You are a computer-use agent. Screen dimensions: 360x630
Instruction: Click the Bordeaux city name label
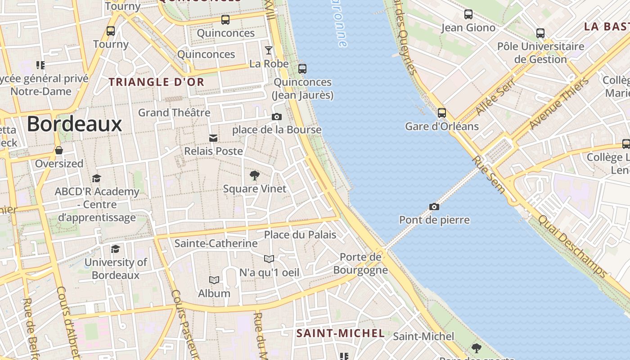75,124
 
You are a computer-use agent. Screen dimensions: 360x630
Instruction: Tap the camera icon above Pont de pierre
434,207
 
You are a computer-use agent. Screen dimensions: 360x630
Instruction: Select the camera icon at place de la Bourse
277,117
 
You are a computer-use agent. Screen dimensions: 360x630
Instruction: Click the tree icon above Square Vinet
255,175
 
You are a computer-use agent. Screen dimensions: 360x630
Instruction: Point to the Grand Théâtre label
174,112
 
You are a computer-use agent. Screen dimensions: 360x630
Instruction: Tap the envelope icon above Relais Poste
213,138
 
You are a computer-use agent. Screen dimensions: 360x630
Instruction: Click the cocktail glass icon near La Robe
269,50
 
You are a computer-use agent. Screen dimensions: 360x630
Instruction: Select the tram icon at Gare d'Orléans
442,113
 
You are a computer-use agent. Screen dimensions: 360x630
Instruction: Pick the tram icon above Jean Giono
468,14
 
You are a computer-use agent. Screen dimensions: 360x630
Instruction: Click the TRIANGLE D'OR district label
157,82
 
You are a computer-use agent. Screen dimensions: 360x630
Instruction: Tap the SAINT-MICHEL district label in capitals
341,333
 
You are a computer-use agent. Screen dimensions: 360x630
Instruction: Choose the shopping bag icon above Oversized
59,150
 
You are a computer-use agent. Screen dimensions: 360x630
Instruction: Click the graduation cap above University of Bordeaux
116,249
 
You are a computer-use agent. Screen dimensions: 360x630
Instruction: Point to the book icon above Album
214,280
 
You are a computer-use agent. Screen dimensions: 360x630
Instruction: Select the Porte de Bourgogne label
360,263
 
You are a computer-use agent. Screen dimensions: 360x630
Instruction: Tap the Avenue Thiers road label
559,103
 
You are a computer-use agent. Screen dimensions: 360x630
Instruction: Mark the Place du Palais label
300,234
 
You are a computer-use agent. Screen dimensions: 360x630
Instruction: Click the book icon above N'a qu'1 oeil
269,259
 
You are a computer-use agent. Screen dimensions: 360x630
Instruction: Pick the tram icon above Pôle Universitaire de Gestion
540,33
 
